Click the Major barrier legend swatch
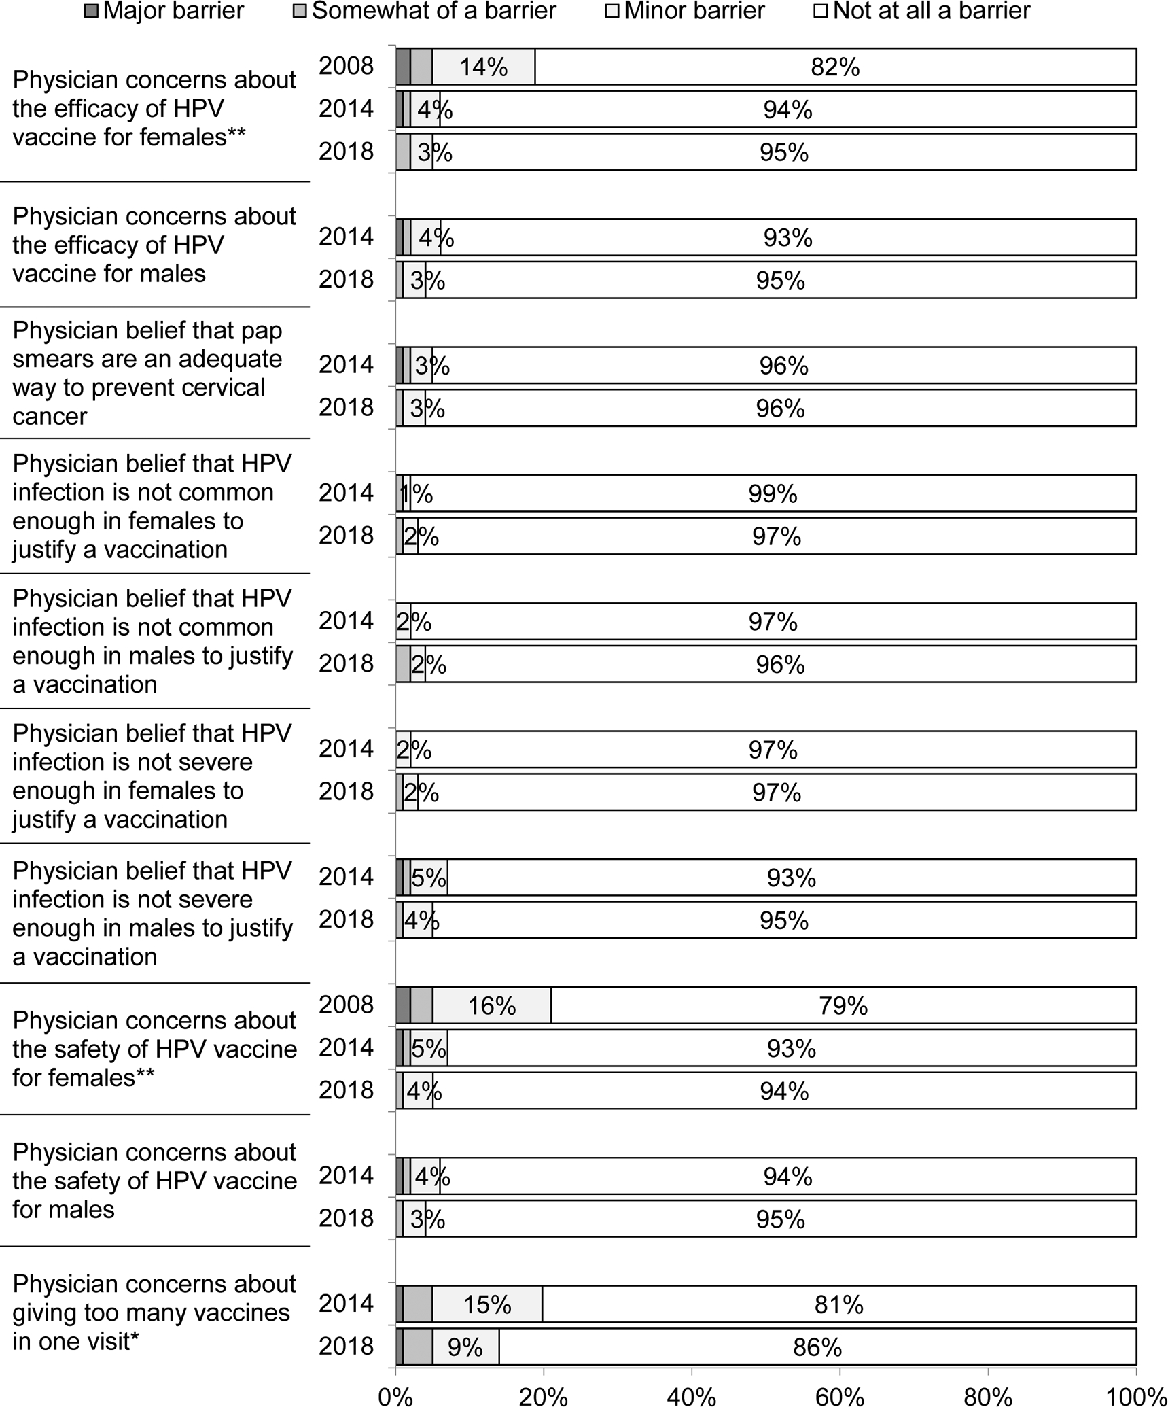click(91, 11)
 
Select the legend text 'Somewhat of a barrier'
click(434, 11)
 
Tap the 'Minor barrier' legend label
click(694, 11)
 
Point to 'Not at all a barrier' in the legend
click(932, 11)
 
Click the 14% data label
click(484, 67)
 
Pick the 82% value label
click(835, 67)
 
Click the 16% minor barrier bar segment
click(492, 1006)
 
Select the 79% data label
click(843, 1006)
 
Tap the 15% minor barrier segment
click(487, 1305)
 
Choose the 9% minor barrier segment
click(465, 1347)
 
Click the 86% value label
click(817, 1347)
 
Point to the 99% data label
click(773, 494)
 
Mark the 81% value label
click(839, 1305)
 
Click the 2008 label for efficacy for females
click(347, 66)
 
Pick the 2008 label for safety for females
click(347, 1005)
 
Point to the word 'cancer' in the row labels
click(50, 416)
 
